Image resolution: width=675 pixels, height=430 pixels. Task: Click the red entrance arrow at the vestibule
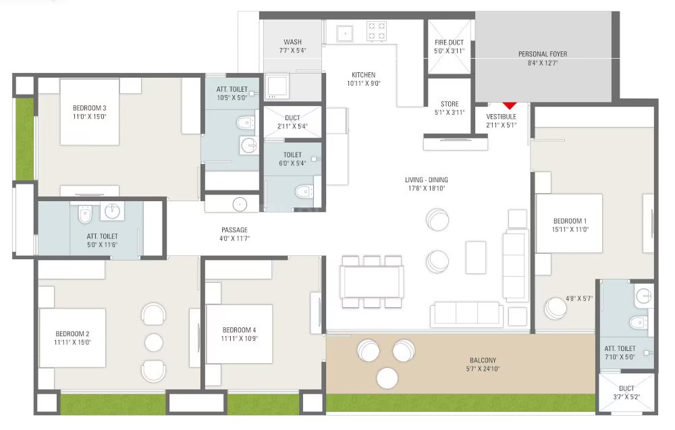(x=510, y=105)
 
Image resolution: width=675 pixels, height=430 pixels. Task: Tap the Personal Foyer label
(x=543, y=54)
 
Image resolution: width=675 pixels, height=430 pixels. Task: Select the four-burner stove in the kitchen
(x=376, y=32)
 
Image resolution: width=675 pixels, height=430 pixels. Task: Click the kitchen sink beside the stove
(x=345, y=33)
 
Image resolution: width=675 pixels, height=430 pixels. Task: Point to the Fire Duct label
(x=449, y=43)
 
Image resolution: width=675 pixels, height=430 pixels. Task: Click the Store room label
(x=450, y=104)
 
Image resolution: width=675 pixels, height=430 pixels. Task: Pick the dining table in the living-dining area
(x=371, y=282)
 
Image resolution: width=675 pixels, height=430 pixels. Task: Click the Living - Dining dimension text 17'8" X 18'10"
(x=427, y=188)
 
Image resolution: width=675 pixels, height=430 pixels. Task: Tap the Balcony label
(x=483, y=360)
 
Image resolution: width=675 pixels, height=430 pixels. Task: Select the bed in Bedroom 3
(x=89, y=111)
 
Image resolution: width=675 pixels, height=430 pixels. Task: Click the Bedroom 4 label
(x=240, y=330)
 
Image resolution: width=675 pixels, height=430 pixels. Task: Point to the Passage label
(x=235, y=230)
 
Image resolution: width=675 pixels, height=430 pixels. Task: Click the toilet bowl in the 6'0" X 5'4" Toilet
(x=304, y=191)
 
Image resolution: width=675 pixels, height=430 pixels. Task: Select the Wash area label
(x=293, y=42)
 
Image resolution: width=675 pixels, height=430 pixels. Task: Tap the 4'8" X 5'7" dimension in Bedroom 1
(x=579, y=298)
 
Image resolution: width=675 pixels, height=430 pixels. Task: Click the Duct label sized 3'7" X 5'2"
(x=626, y=388)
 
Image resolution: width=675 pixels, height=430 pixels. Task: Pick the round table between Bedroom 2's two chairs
(x=154, y=342)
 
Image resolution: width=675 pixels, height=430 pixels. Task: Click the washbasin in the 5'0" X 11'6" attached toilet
(x=113, y=211)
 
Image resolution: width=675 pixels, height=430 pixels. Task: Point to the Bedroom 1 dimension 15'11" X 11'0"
(x=570, y=230)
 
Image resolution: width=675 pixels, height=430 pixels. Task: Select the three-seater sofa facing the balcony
(x=467, y=313)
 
